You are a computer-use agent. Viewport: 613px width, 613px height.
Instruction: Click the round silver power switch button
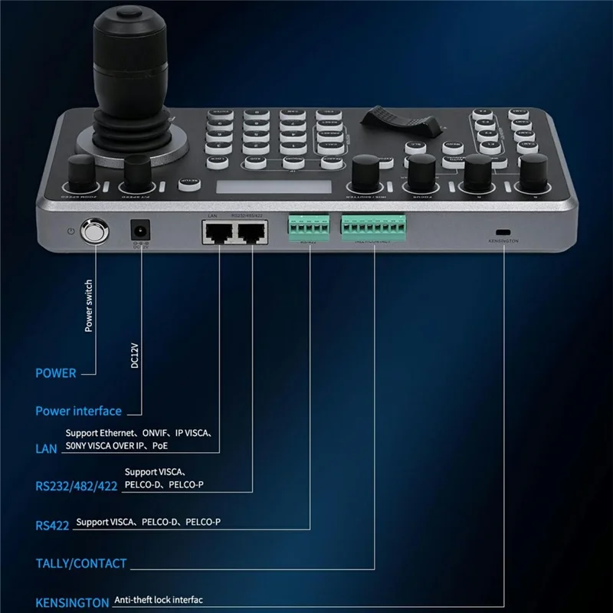click(x=96, y=231)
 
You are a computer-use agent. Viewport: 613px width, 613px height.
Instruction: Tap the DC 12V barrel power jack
click(x=139, y=229)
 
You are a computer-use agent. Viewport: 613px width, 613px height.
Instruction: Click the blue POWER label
click(x=56, y=373)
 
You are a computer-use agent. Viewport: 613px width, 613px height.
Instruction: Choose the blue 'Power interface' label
click(x=78, y=411)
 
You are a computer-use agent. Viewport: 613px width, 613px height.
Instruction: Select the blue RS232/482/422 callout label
click(x=76, y=486)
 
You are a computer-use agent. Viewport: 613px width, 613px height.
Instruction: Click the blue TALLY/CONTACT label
click(x=81, y=563)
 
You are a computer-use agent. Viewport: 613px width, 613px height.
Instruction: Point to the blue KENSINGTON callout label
click(x=72, y=602)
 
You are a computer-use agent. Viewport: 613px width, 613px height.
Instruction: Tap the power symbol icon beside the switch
click(x=71, y=231)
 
